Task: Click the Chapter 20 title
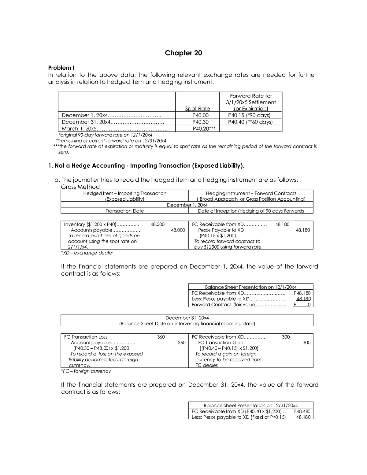coord(183,53)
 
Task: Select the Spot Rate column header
coord(197,109)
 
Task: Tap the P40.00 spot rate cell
coord(197,115)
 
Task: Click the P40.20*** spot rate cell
coord(204,129)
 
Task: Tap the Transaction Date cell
coord(125,211)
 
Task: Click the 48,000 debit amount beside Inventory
coord(158,225)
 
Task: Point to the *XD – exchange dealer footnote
coord(87,253)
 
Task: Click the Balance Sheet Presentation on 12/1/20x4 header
coord(250,287)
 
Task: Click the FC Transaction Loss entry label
coord(86,337)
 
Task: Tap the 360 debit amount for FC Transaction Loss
coord(161,337)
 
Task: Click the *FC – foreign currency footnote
coord(86,371)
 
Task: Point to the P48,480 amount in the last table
coord(302,412)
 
